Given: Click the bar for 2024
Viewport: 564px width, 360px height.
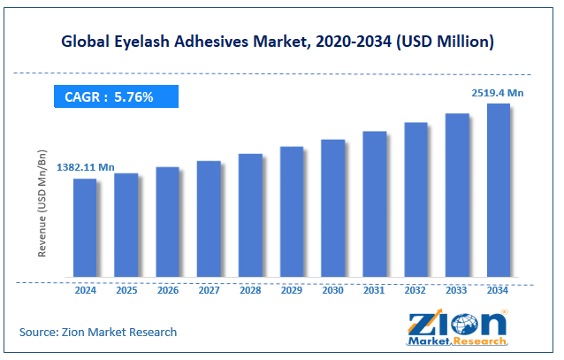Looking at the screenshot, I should point(85,228).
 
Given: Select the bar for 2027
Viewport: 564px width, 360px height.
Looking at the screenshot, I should point(209,219).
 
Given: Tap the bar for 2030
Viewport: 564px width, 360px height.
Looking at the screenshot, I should point(333,209).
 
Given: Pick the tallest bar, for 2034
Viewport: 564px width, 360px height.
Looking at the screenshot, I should point(499,191).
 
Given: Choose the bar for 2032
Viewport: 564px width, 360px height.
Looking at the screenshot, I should point(415,200).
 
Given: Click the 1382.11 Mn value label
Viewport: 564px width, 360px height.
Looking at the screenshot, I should point(86,167).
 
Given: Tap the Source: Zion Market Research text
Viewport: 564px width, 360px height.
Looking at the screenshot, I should point(98,332).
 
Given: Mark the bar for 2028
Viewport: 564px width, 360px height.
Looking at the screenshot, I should point(250,216).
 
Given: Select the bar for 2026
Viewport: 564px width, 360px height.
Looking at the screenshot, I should point(168,222).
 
